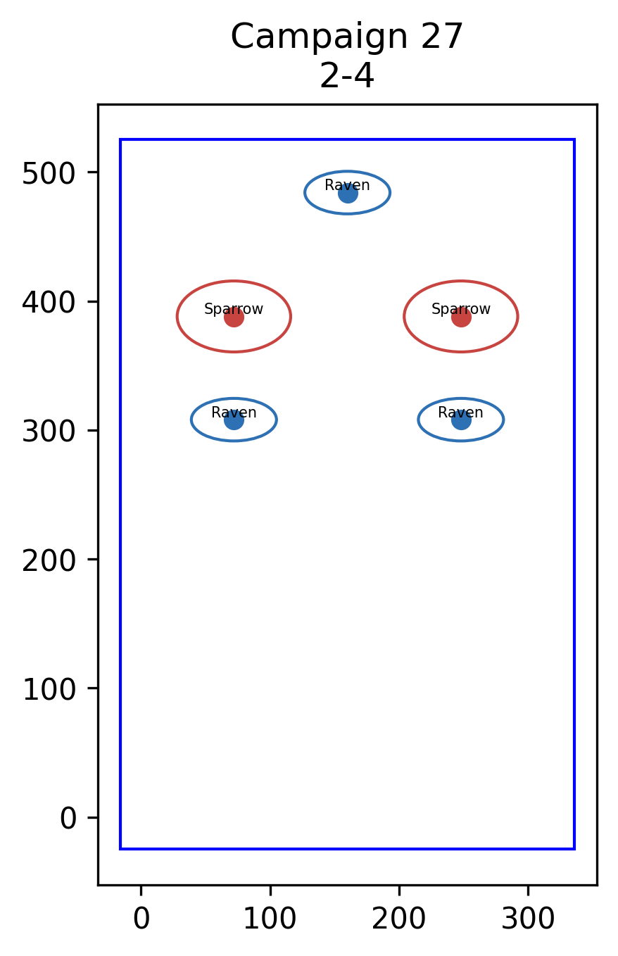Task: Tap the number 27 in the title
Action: click(x=442, y=37)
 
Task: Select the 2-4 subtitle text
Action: click(x=347, y=76)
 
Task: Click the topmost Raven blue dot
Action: click(x=348, y=194)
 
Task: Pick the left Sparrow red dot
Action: click(x=234, y=317)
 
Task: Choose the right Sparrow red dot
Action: click(x=461, y=317)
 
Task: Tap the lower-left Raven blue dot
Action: click(x=234, y=420)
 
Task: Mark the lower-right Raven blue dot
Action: click(x=461, y=420)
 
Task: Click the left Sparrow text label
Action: click(x=234, y=309)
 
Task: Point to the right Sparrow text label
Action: click(x=461, y=309)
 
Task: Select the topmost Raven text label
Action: click(x=347, y=185)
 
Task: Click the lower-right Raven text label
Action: click(x=460, y=413)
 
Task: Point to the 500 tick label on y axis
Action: click(x=49, y=174)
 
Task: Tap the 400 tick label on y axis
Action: click(x=49, y=303)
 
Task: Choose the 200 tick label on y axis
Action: click(x=49, y=561)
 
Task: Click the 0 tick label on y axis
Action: click(x=68, y=819)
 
